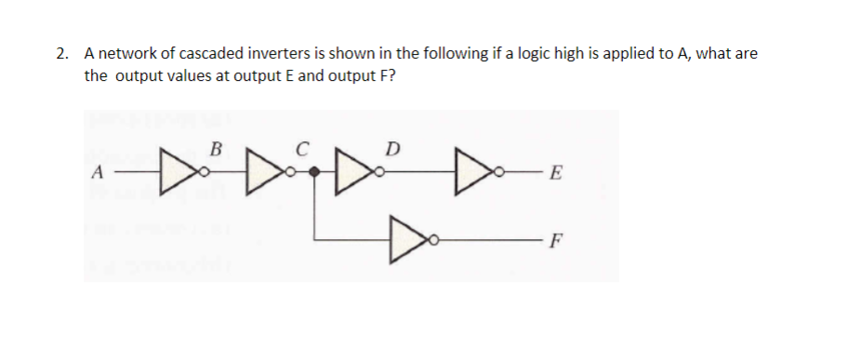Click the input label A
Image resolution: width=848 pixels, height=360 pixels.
[97, 173]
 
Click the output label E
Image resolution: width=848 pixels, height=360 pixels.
[556, 173]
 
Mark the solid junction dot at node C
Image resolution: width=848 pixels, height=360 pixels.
[315, 172]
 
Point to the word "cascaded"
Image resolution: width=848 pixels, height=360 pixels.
[208, 54]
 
